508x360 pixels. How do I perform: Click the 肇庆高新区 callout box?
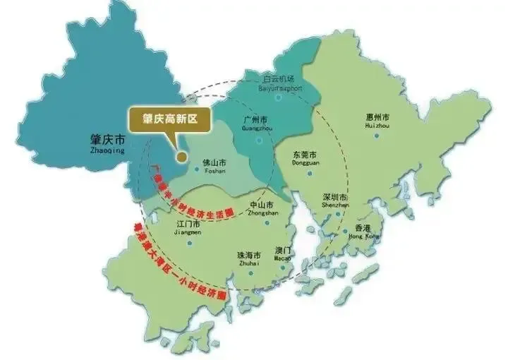tap(168, 120)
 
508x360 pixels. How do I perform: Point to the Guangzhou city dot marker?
tap(259, 140)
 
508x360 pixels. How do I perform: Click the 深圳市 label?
tap(334, 198)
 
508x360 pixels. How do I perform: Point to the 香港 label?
tap(362, 228)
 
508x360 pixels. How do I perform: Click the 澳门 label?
tap(284, 251)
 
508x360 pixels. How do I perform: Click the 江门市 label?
tap(188, 224)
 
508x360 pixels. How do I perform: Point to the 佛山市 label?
tap(213, 162)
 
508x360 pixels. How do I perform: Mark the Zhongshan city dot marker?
tap(267, 224)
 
